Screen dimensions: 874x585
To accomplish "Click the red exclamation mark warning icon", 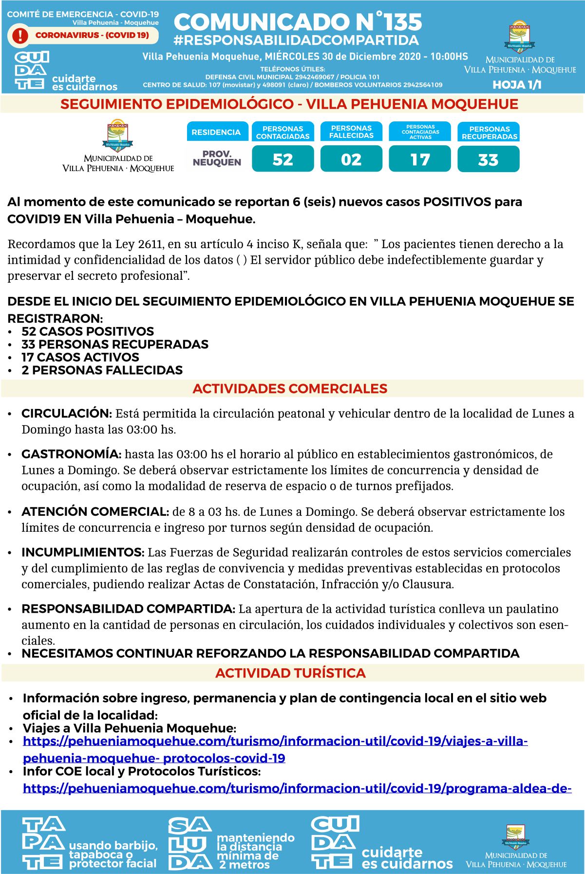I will click(20, 35).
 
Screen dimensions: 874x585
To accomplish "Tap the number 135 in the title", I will click(402, 22).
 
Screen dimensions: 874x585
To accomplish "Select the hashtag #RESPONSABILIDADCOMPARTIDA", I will click(296, 40).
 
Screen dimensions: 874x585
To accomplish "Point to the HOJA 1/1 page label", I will click(517, 85).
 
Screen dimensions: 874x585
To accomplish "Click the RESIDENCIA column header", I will click(216, 132).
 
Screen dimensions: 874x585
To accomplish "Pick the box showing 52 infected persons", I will click(283, 160).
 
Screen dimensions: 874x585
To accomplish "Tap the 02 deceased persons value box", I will click(351, 160).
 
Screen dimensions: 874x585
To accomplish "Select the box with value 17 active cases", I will click(420, 160).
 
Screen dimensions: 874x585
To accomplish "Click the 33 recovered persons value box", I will click(488, 160).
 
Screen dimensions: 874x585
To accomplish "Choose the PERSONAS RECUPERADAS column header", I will click(489, 133).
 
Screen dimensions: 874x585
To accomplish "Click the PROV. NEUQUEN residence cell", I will click(217, 158).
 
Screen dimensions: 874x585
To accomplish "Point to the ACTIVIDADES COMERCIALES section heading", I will click(290, 388).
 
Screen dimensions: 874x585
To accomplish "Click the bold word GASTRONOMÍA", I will click(71, 454).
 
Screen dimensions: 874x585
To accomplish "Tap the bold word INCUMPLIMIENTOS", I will click(83, 552).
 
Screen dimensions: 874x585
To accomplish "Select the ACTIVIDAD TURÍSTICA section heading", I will click(290, 673).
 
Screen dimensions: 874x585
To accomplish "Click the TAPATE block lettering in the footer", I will click(43, 843).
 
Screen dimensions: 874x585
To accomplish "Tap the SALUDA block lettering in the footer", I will click(189, 844).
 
